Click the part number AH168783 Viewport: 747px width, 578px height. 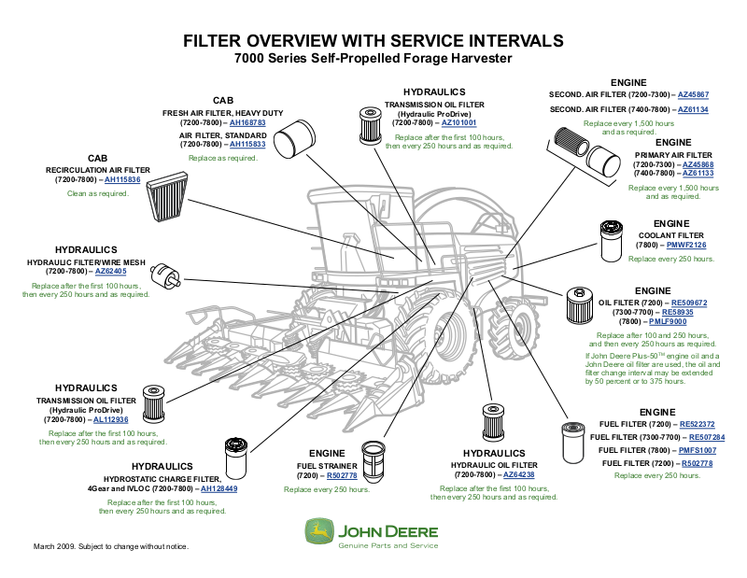click(247, 123)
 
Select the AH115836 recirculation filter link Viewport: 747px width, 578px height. click(122, 179)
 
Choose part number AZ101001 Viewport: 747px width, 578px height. click(458, 122)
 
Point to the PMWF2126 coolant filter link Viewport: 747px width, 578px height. click(686, 246)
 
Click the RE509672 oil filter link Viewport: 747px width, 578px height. click(690, 303)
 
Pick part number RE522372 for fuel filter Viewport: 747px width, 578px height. click(697, 424)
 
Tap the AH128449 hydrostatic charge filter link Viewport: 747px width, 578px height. click(219, 488)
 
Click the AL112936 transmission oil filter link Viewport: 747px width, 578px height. click(111, 420)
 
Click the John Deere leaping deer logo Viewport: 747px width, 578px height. click(317, 533)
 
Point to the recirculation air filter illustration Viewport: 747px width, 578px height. click(171, 199)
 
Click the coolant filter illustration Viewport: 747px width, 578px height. click(611, 241)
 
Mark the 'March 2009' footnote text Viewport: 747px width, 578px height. click(111, 545)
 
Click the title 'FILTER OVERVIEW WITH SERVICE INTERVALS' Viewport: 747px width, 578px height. click(373, 41)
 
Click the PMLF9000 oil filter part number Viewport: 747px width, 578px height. click(691, 321)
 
